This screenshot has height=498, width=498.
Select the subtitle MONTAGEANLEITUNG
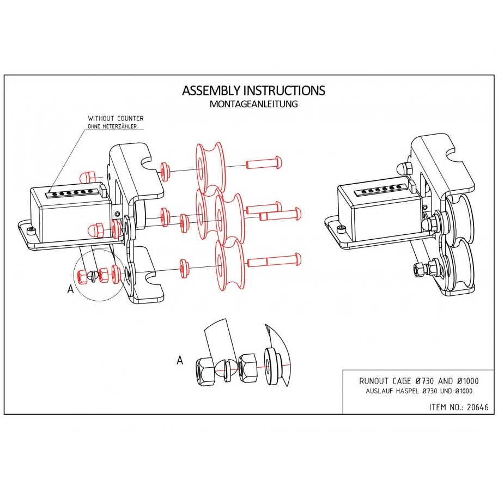253,104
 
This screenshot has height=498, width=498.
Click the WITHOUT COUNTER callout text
116,118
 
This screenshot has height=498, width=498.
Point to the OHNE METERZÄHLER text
112,126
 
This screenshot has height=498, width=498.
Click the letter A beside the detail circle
70,290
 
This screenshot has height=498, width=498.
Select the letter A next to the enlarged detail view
180,360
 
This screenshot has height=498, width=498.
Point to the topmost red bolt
264,162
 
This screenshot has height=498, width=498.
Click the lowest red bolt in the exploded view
274,260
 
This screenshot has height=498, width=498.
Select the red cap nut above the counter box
88,177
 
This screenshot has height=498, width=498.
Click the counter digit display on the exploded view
74,192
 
